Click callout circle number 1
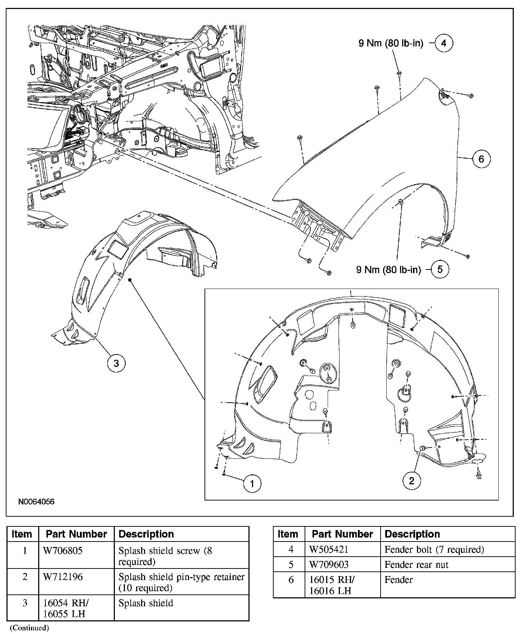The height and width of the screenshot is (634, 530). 252,484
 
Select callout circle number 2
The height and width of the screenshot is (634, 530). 412,481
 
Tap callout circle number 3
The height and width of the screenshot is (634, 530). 116,363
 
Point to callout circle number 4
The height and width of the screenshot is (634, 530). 444,43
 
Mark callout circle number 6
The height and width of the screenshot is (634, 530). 481,159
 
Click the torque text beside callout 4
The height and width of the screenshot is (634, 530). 391,44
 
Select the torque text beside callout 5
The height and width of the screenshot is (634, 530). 388,270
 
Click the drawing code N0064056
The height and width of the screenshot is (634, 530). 37,502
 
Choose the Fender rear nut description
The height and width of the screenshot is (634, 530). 416,565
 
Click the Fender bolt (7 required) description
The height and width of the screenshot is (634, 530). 434,549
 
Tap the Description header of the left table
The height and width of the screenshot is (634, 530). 146,534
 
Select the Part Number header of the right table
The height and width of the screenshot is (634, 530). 342,534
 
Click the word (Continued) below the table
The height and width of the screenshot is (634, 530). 29,628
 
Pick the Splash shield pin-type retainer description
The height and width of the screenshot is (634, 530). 181,582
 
